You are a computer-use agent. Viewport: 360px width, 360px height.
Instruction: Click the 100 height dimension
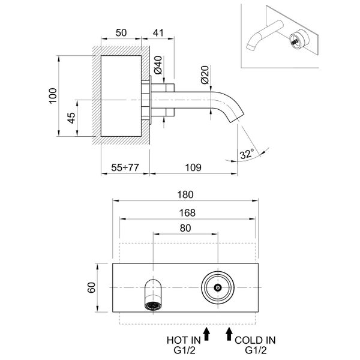[52, 97]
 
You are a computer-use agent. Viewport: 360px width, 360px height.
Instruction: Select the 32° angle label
[246, 154]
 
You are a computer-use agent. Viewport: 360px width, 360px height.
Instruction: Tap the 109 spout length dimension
[192, 169]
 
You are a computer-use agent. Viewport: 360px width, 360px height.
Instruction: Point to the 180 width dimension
[185, 195]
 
